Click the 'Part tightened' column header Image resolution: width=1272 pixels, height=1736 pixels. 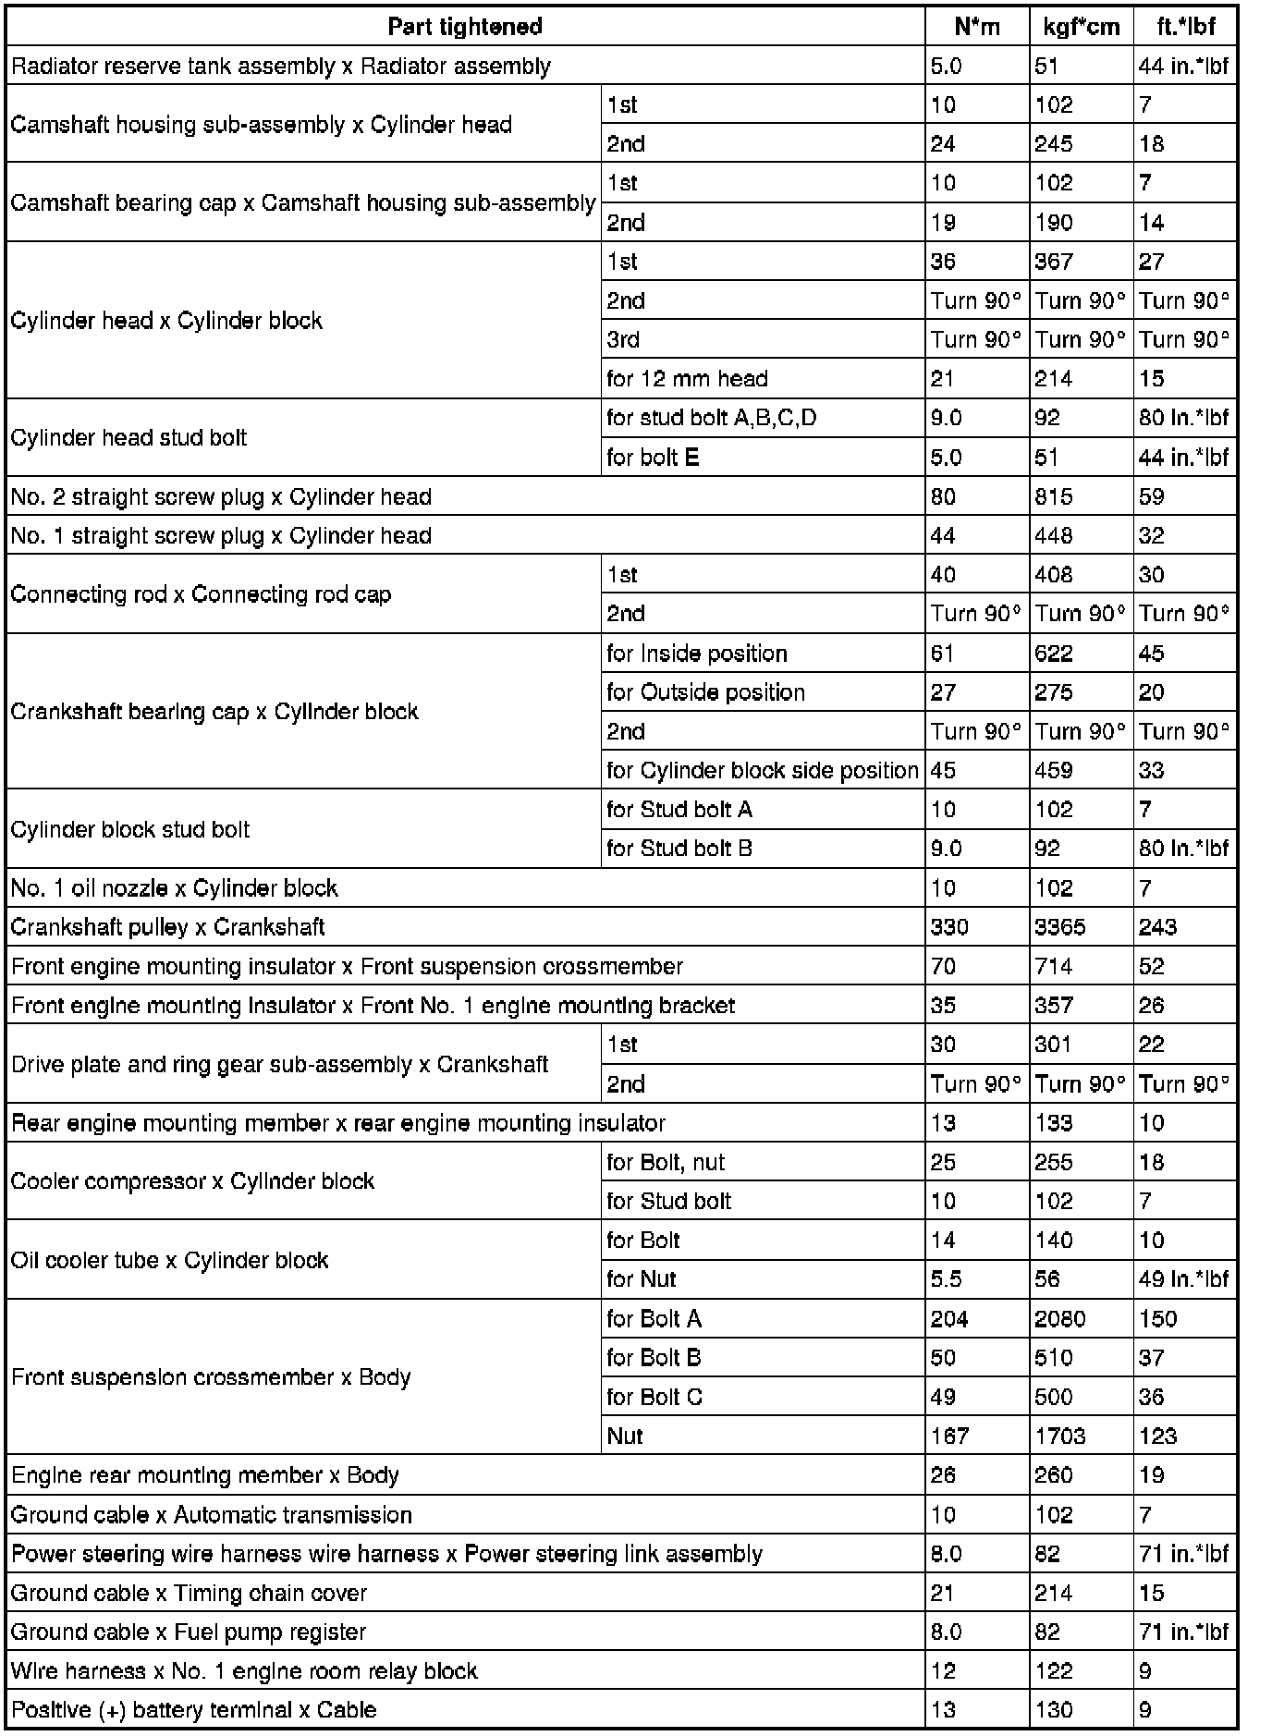pyautogui.click(x=465, y=27)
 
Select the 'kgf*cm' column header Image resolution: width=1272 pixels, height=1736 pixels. pyautogui.click(x=1081, y=27)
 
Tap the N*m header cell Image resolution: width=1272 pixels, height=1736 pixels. pyautogui.click(x=977, y=27)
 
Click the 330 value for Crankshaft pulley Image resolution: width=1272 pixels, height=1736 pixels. pyautogui.click(x=949, y=927)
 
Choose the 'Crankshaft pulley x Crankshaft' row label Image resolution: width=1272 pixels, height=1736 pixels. pyautogui.click(x=167, y=927)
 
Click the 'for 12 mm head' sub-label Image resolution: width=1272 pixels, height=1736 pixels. pyautogui.click(x=687, y=378)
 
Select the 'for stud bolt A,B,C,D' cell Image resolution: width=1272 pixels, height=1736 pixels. pyautogui.click(x=711, y=418)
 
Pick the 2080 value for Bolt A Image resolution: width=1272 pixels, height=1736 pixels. pyautogui.click(x=1059, y=1318)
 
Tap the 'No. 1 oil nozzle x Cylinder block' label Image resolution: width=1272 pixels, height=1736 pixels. pyautogui.click(x=174, y=888)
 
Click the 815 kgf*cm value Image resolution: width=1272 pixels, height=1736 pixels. pyautogui.click(x=1054, y=497)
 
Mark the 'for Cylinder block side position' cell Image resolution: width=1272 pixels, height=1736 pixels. pyautogui.click(x=762, y=770)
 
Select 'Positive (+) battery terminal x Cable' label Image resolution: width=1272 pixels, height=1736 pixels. pyautogui.click(x=193, y=1709)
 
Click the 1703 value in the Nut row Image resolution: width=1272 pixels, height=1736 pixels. pyautogui.click(x=1059, y=1436)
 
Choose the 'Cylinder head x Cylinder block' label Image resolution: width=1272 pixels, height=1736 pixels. pyautogui.click(x=166, y=321)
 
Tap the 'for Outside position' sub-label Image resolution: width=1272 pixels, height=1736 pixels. pyautogui.click(x=705, y=692)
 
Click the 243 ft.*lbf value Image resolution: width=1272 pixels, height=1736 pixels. pyautogui.click(x=1157, y=927)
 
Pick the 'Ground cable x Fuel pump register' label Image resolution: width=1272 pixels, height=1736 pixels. pyautogui.click(x=188, y=1632)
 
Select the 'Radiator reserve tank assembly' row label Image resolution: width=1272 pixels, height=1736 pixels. pyautogui.click(x=280, y=67)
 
